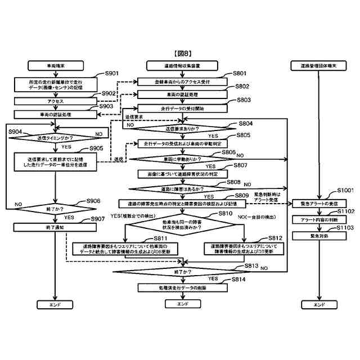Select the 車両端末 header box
click(55, 66)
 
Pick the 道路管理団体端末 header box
click(318, 66)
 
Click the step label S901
click(112, 74)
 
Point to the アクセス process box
click(55, 101)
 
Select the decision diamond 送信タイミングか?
click(55, 137)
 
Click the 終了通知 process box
click(55, 227)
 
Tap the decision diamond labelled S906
click(55, 208)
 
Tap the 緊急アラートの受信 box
click(318, 202)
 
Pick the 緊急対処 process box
click(318, 236)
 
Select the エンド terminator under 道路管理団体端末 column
click(318, 304)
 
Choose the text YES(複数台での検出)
click(133, 215)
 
